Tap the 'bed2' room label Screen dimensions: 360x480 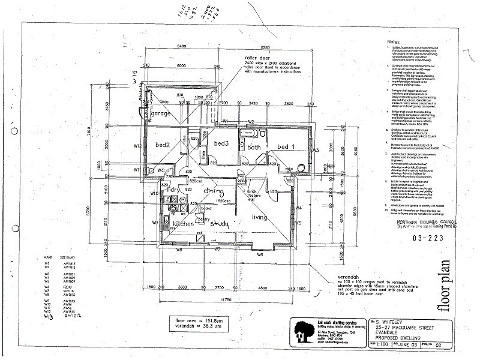coord(163,145)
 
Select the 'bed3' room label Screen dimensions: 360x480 coord(221,143)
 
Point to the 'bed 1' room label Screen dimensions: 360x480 coord(286,146)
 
